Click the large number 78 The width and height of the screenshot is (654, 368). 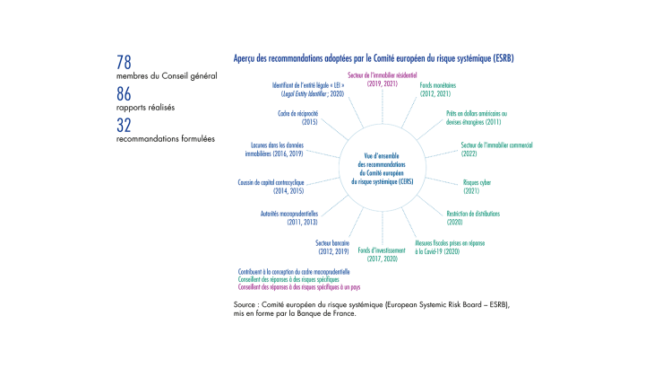point(125,63)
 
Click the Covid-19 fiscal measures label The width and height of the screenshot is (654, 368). point(438,246)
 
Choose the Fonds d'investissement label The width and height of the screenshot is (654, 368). point(377,253)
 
